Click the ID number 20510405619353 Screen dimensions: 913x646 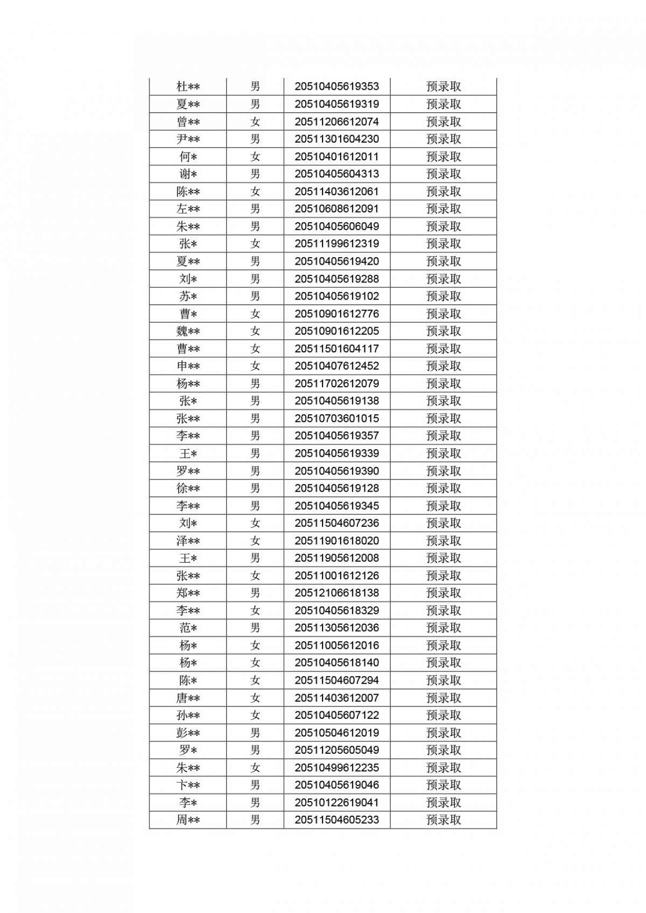336,86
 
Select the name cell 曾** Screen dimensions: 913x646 188,122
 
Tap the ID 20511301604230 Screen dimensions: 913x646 336,139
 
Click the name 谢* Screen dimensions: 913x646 188,174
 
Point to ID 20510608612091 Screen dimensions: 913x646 336,209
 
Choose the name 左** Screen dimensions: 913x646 188,209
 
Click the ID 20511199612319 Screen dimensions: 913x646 336,244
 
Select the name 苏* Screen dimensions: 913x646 188,296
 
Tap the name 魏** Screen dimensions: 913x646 188,331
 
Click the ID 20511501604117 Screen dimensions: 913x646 336,349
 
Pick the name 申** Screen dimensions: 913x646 188,366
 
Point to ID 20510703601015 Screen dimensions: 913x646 336,418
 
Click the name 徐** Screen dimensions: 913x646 188,488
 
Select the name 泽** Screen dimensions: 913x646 188,541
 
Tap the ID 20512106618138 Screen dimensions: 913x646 336,593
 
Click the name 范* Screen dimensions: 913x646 188,628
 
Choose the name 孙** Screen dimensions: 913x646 188,715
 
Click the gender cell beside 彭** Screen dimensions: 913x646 255,733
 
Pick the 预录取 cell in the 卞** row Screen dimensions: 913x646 444,785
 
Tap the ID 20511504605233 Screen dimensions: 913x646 336,820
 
